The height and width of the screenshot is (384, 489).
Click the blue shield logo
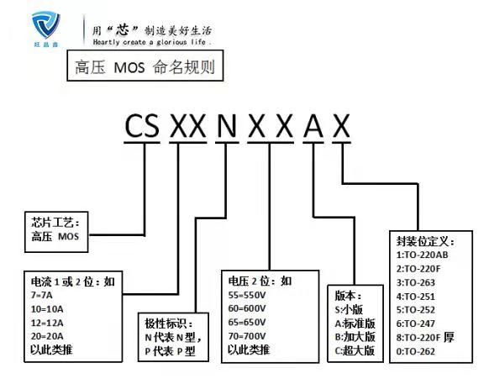(x=46, y=25)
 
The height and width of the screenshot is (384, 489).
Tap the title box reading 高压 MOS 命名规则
(x=145, y=66)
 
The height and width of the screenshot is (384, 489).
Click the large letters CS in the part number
(x=142, y=126)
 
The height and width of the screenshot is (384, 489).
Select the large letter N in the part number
(x=227, y=126)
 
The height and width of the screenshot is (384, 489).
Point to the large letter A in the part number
(x=313, y=126)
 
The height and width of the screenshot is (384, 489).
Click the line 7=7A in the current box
(x=42, y=295)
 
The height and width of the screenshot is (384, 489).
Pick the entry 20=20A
(x=47, y=336)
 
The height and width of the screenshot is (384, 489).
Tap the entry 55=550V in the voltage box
(x=247, y=295)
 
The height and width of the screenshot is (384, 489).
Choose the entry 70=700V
(x=247, y=336)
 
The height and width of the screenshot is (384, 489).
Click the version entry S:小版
(x=349, y=310)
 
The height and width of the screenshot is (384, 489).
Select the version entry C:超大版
(x=355, y=350)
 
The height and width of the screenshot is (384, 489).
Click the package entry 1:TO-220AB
(x=423, y=255)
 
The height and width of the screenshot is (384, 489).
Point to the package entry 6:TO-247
(x=415, y=324)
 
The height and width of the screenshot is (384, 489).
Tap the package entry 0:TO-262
(x=415, y=351)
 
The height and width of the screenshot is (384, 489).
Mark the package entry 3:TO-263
(x=415, y=282)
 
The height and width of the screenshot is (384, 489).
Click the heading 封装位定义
(x=425, y=241)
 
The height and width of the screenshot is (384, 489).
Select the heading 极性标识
(x=169, y=324)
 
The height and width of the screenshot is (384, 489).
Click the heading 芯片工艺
(x=55, y=223)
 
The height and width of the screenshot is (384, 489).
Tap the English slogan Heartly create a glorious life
(x=151, y=42)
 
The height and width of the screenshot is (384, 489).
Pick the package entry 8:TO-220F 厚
(x=425, y=337)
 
